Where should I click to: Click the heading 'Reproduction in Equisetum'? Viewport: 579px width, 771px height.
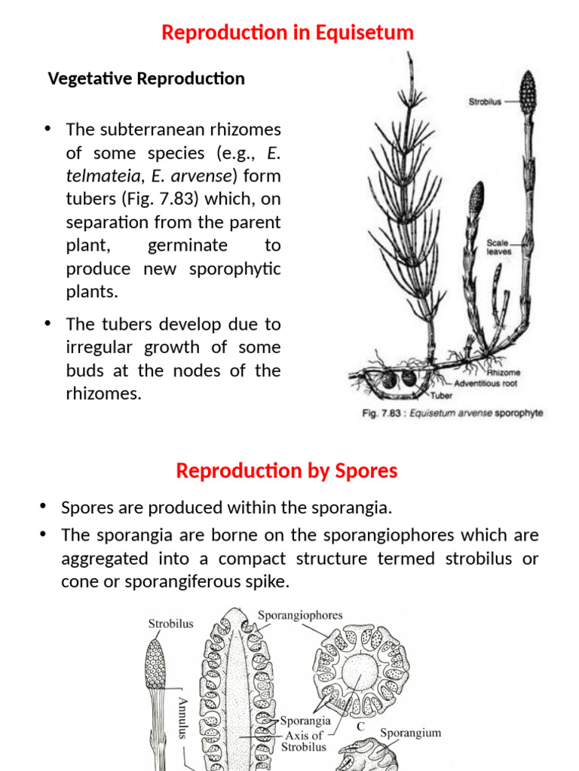288,33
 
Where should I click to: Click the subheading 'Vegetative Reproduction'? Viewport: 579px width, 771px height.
146,78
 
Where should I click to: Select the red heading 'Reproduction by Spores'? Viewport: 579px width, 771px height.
286,471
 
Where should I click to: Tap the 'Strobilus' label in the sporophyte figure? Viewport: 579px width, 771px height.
486,100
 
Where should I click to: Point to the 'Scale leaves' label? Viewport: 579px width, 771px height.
498,247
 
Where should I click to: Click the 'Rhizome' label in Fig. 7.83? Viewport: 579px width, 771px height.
504,372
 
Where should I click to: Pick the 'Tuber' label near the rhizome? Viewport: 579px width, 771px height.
441,394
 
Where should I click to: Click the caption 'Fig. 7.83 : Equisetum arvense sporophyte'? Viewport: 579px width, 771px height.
452,413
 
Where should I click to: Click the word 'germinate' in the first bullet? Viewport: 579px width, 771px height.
187,246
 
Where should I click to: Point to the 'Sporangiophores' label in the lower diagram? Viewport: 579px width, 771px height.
300,615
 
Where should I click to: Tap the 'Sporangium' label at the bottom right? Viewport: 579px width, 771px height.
410,733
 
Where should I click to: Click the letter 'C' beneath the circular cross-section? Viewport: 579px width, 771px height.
360,727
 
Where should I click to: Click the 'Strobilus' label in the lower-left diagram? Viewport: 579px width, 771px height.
170,623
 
